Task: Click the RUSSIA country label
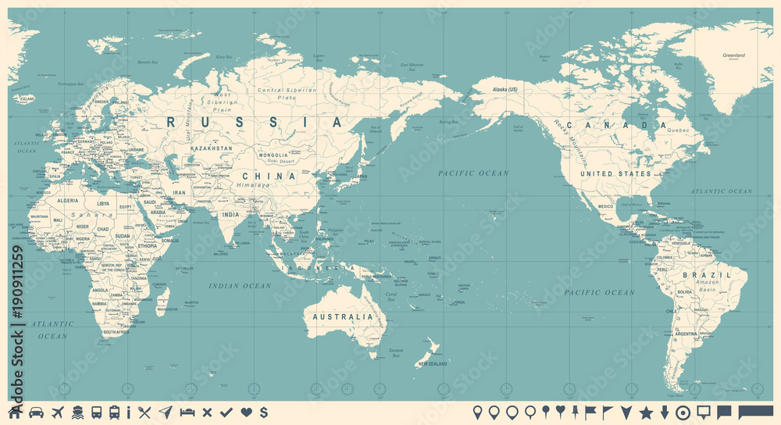coord(255,122)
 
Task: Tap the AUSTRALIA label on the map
coord(343,317)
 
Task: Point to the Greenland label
coord(733,55)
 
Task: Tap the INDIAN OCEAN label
coord(240,286)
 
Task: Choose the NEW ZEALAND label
coord(431,364)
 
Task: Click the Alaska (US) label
coord(505,91)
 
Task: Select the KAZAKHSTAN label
coord(212,148)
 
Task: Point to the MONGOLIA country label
coord(274,155)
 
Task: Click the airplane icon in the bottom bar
coord(57,412)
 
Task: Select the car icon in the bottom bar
coord(36,412)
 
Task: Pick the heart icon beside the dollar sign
coord(246,412)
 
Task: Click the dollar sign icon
coord(264,412)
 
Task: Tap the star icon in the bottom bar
coord(646,412)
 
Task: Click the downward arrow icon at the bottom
coord(665,412)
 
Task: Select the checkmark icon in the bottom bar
coord(226,412)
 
